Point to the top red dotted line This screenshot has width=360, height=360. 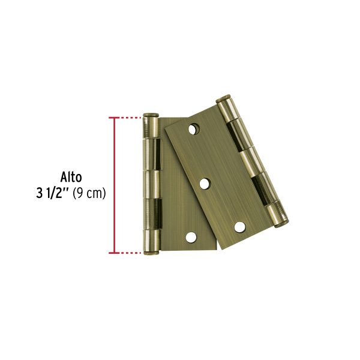coord(128,118)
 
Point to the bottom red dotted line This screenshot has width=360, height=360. coord(128,253)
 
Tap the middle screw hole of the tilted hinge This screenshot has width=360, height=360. coord(205,182)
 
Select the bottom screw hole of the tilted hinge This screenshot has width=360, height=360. coord(239,227)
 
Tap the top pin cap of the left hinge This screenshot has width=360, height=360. coord(151,115)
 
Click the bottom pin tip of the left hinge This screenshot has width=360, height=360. coord(151,253)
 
